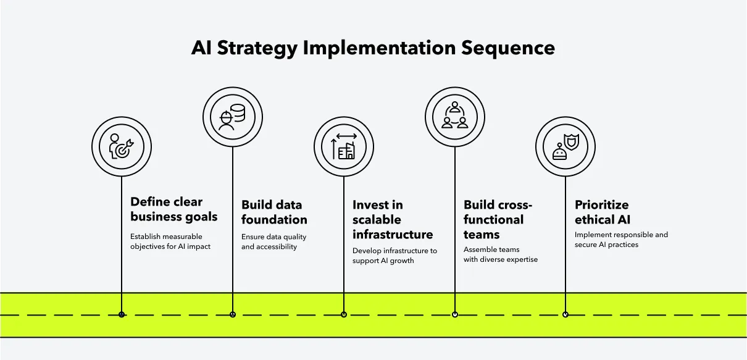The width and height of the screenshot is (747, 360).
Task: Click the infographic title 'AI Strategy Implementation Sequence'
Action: (373, 48)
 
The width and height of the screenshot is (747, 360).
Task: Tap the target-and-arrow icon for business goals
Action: (122, 147)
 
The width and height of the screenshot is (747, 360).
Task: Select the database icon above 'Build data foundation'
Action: (233, 116)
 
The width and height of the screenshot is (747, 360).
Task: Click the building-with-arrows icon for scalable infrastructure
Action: (344, 147)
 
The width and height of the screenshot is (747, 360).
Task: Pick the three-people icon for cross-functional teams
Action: (455, 116)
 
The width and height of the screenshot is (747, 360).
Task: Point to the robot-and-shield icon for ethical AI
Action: (565, 147)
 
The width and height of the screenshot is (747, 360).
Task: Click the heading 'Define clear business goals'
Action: (173, 209)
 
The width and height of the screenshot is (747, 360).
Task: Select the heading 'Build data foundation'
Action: (274, 212)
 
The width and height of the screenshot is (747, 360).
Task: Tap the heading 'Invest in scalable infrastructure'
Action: (393, 220)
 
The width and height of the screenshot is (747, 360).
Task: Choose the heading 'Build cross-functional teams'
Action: (498, 220)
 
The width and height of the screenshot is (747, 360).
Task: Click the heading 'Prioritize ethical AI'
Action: (603, 212)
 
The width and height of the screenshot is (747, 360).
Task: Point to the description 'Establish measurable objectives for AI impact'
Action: (170, 241)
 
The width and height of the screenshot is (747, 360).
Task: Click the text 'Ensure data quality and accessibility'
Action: (273, 241)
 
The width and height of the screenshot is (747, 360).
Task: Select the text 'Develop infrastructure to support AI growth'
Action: (394, 256)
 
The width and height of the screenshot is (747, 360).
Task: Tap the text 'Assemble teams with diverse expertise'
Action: (500, 254)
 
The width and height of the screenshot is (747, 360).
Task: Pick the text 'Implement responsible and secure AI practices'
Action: (621, 240)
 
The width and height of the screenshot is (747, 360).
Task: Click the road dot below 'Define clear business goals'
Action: (122, 314)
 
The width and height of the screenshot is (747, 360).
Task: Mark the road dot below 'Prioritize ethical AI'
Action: (565, 314)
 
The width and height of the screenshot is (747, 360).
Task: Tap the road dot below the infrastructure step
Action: (344, 314)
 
